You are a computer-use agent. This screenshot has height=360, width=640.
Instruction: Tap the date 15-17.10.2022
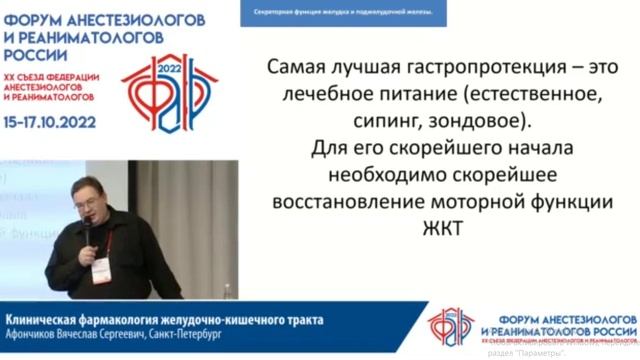56,131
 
